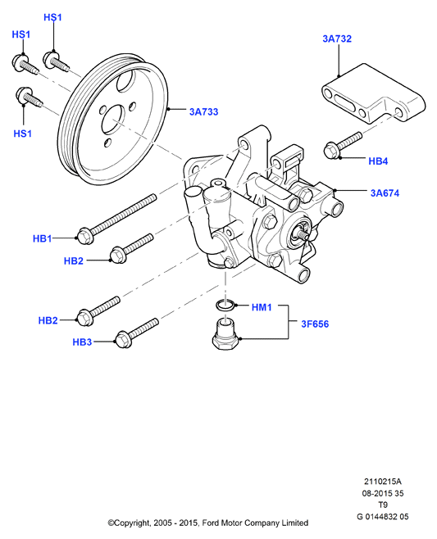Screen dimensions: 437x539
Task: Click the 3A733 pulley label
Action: tap(203, 111)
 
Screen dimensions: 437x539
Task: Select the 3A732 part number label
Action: tap(337, 38)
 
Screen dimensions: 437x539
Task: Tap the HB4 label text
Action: tap(378, 161)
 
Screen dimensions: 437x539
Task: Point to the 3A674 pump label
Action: tap(385, 192)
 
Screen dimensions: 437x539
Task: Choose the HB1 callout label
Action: tap(42, 238)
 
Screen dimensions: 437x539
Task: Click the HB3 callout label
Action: tap(82, 342)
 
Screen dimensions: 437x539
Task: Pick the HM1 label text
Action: tap(262, 307)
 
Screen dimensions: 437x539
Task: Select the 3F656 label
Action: tap(315, 324)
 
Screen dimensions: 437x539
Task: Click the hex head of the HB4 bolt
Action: tap(331, 151)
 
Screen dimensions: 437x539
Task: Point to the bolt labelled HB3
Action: tap(137, 333)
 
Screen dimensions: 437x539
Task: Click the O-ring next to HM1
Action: tap(225, 305)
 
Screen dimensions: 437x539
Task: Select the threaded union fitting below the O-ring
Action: tap(225, 334)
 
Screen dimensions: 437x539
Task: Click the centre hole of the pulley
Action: tap(113, 120)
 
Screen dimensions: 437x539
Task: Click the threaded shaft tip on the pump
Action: tap(305, 236)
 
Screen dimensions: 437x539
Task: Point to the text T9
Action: tap(383, 505)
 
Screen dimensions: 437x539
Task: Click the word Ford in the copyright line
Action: tap(210, 523)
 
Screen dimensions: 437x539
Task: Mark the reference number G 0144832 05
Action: tap(383, 516)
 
